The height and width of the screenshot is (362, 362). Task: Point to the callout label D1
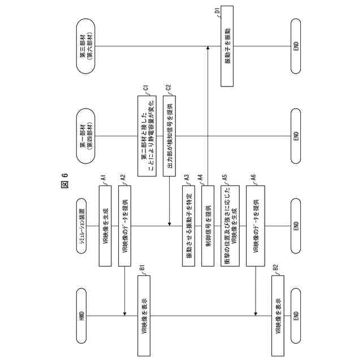(218, 10)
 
